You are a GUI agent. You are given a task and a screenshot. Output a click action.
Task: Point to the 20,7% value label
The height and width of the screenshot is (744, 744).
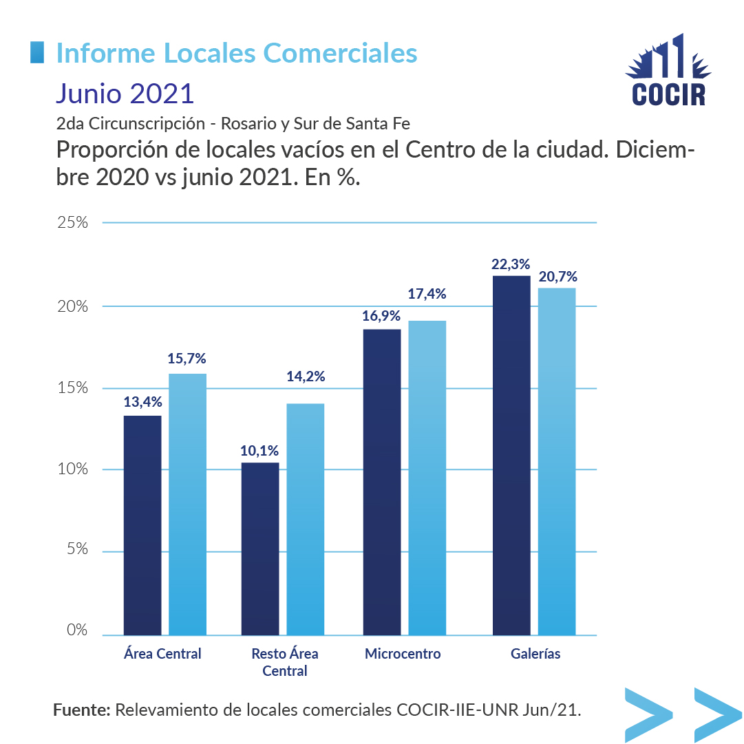click(557, 277)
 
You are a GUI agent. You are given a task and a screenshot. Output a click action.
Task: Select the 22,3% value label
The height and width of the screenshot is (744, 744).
click(511, 264)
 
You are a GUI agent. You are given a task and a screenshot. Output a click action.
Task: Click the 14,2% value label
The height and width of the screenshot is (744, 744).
click(306, 376)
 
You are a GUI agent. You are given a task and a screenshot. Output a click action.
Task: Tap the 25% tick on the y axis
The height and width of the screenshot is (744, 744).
click(72, 223)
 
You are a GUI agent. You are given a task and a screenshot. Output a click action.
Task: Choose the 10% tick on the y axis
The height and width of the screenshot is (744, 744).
click(72, 469)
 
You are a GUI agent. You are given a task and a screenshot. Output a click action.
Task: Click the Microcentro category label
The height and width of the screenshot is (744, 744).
click(403, 654)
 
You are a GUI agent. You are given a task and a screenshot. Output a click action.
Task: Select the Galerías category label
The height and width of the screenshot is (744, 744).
click(535, 654)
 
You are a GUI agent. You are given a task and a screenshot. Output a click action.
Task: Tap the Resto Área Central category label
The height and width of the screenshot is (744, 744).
click(285, 662)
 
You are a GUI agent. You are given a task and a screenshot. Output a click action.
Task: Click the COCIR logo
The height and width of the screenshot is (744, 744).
click(668, 71)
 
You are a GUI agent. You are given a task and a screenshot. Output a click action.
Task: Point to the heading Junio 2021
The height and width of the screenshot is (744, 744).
click(125, 92)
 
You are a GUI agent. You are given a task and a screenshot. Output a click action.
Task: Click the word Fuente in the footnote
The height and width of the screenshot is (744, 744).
click(81, 710)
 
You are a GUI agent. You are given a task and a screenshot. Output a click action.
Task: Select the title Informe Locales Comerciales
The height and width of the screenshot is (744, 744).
click(236, 53)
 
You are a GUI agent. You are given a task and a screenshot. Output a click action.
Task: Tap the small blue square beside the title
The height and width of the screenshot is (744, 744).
click(39, 52)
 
